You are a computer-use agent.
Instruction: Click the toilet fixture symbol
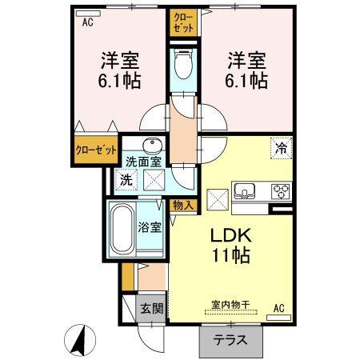pyautogui.click(x=182, y=66)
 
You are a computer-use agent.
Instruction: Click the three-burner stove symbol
pyautogui.click(x=281, y=190)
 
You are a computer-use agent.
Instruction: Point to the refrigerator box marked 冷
pyautogui.click(x=281, y=148)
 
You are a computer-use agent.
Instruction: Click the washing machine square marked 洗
pyautogui.click(x=126, y=181)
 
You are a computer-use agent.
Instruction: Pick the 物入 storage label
pyautogui.click(x=183, y=205)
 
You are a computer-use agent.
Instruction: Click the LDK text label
pyautogui.click(x=231, y=237)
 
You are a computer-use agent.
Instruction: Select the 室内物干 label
pyautogui.click(x=231, y=304)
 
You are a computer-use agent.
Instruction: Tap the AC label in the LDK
pyautogui.click(x=279, y=307)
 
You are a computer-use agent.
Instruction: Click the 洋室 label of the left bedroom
pyautogui.click(x=118, y=60)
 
